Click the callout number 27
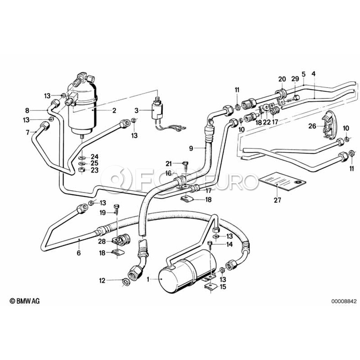point(277,200)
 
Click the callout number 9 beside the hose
point(191,148)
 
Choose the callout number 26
point(312,126)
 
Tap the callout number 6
point(78,253)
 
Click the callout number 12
point(102,281)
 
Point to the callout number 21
point(168,163)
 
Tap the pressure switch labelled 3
point(158,109)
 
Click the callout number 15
point(222,286)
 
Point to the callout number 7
point(28,132)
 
